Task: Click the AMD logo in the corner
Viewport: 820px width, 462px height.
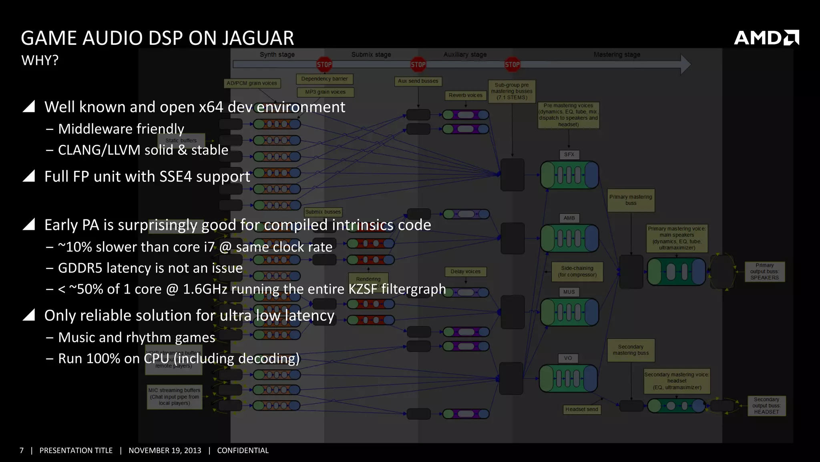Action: click(766, 38)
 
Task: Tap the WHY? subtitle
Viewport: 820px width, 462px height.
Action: click(40, 61)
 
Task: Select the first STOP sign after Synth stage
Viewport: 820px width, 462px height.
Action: click(324, 65)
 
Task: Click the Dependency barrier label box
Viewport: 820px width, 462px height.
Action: click(324, 79)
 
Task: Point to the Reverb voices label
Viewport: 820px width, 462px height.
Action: click(465, 95)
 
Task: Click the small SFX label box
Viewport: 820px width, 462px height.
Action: click(569, 154)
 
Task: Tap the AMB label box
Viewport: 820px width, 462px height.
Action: click(569, 218)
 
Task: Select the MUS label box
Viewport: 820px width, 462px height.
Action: click(569, 292)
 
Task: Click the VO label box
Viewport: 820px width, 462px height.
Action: click(568, 358)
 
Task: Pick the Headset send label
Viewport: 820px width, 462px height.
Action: click(581, 409)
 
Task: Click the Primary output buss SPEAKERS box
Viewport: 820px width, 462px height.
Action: click(764, 272)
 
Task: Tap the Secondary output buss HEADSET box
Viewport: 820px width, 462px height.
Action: click(766, 405)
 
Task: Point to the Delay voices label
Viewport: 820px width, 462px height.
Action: click(465, 272)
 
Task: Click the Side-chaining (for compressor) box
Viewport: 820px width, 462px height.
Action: click(577, 272)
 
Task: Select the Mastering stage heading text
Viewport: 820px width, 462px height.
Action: click(617, 55)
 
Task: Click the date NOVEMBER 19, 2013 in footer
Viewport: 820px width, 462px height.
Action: click(165, 450)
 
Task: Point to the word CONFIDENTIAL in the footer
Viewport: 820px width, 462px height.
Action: click(243, 450)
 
